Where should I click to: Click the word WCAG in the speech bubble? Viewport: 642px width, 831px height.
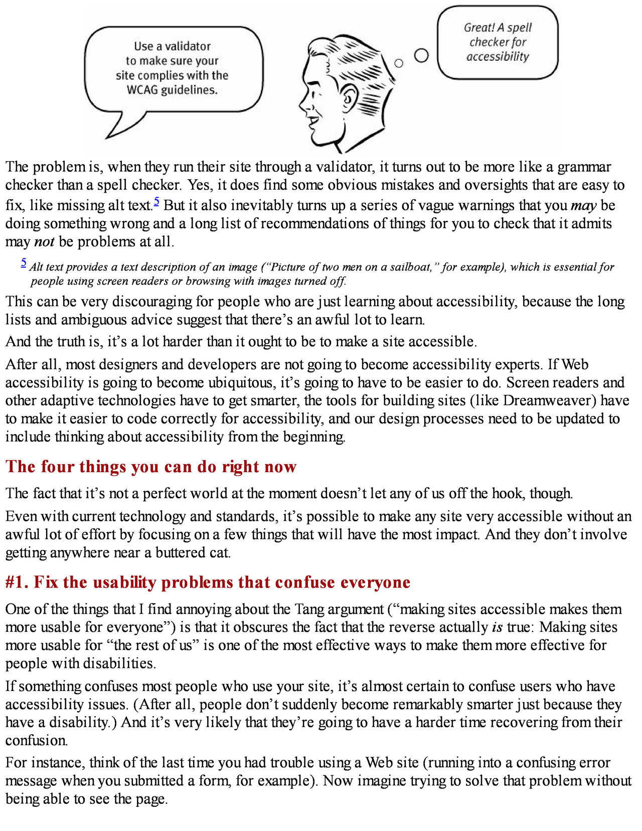point(142,90)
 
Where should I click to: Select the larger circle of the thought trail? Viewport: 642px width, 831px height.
point(422,55)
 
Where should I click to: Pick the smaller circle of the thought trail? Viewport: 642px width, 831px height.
point(399,63)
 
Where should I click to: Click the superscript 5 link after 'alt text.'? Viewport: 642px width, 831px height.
point(156,202)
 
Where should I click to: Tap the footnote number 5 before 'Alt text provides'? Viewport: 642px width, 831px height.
point(24,262)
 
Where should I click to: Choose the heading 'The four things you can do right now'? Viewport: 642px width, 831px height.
point(151,467)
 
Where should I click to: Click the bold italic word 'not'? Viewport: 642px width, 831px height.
point(44,242)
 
